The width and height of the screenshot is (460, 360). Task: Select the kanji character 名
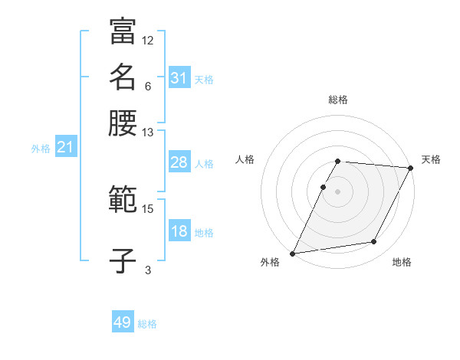[x=123, y=77]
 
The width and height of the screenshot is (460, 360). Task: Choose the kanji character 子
[x=123, y=260]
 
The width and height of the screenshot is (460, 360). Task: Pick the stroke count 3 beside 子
[x=148, y=270]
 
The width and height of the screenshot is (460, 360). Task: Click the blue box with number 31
[x=179, y=78]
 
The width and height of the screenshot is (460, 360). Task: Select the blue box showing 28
[x=179, y=162]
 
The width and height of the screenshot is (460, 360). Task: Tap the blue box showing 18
[x=179, y=231]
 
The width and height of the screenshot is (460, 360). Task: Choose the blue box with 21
[x=65, y=147]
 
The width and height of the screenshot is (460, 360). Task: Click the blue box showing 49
[x=123, y=322]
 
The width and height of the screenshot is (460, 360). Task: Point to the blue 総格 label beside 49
[x=147, y=324]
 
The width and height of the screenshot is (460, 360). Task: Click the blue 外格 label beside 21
[x=41, y=149]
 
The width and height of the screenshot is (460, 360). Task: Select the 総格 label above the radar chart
[x=338, y=100]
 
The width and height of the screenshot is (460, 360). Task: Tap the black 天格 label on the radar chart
[x=431, y=159]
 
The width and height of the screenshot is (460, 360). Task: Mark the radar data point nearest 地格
[x=374, y=242]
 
